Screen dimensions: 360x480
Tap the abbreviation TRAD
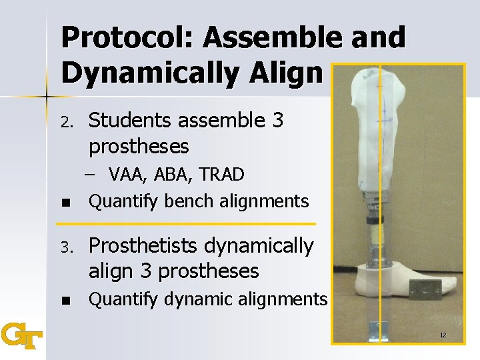pyautogui.click(x=220, y=175)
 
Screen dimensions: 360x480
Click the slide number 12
pyautogui.click(x=443, y=334)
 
